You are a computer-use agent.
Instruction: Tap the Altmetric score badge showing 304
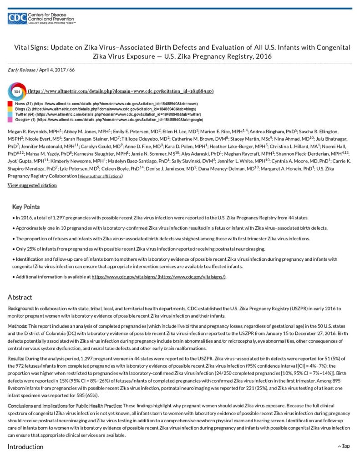coord(17,91)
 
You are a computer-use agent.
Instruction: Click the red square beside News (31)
coord(10,104)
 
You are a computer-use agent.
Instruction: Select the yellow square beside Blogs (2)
coord(10,109)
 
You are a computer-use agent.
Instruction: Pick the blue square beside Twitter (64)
coord(10,114)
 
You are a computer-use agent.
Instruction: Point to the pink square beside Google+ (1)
coord(10,120)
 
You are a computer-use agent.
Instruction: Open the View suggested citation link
coord(32,185)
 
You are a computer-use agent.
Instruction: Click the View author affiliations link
coord(100,176)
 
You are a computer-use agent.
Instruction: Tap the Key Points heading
coord(26,207)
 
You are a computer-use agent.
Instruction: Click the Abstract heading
coord(20,297)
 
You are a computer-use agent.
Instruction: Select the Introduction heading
coord(25,446)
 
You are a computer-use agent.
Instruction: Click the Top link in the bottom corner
coord(345,446)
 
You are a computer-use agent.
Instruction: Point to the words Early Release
coord(22,69)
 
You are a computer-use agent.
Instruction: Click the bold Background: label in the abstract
coord(20,309)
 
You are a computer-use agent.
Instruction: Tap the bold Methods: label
coord(18,326)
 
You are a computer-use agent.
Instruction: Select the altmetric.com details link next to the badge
coord(121,91)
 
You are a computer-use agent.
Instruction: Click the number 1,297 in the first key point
coord(49,218)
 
